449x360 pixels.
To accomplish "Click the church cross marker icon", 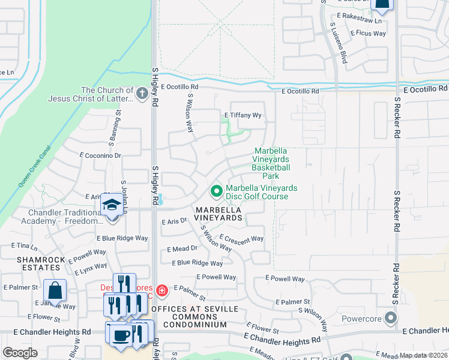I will click(142, 93).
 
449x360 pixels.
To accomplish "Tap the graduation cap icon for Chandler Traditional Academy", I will click(112, 205).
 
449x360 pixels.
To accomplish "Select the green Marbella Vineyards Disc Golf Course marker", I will click(216, 191).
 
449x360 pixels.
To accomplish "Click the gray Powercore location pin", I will click(392, 317).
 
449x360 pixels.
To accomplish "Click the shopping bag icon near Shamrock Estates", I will click(55, 290).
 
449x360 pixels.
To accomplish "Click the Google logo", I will click(20, 353).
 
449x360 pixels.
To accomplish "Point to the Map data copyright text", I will click(423, 355).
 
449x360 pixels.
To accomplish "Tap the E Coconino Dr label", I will click(100, 155).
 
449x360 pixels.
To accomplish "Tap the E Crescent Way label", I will click(241, 238).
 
